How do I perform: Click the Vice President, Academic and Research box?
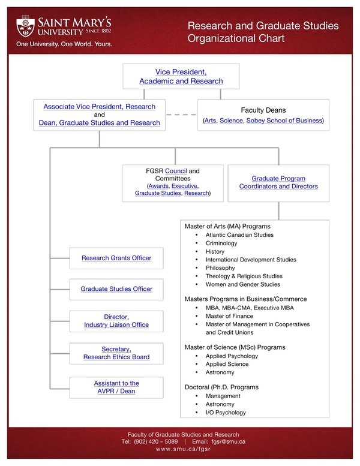pos(181,76)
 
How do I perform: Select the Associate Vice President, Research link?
pos(99,107)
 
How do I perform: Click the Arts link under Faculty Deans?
pos(211,121)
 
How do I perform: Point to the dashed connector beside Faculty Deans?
pos(181,115)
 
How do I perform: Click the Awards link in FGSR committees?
pos(158,186)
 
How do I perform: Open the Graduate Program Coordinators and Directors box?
pos(278,182)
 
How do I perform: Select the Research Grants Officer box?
pos(116,258)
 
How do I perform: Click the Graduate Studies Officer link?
pos(116,289)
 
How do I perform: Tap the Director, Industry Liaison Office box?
pos(116,321)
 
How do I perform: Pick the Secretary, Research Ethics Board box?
pos(116,353)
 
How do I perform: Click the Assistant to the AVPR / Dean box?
pos(116,387)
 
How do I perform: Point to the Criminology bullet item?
pos(221,243)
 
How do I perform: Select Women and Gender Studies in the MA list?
pos(242,284)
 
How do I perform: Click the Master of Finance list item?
pos(229,316)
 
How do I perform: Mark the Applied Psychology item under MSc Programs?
pos(232,356)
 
